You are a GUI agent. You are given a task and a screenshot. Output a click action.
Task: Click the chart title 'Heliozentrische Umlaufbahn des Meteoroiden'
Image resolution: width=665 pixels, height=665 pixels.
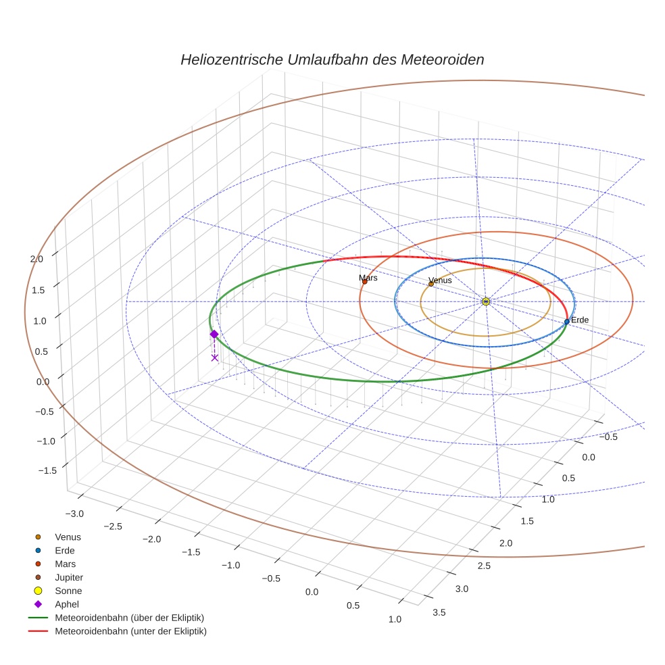point(332,59)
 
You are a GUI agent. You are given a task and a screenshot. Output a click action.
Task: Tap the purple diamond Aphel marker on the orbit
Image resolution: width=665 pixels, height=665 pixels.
point(214,334)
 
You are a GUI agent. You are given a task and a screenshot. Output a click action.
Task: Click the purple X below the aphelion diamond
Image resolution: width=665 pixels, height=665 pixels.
point(215,358)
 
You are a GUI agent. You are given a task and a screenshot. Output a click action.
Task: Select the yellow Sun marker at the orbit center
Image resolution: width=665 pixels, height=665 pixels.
point(486,301)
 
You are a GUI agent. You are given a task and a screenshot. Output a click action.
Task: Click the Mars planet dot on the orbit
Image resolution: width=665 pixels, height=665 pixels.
point(365,281)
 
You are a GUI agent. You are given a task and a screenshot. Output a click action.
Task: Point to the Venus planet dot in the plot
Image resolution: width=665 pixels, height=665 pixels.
point(430,284)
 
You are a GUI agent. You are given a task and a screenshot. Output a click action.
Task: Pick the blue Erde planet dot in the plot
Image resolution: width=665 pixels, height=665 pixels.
point(566,322)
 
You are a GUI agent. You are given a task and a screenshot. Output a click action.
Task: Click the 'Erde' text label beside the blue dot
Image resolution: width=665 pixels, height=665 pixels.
point(580,320)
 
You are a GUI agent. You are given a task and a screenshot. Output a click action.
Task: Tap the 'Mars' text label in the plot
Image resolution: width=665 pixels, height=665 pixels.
point(368,278)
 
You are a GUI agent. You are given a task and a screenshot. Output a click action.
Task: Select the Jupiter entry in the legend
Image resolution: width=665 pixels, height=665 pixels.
point(68,577)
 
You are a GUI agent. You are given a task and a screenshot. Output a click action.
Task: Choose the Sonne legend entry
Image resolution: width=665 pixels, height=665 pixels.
point(68,591)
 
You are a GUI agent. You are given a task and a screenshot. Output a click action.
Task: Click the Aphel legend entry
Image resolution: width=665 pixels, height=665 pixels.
point(67,604)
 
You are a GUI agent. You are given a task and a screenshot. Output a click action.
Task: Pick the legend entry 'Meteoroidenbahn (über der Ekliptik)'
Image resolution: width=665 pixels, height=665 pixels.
point(130,618)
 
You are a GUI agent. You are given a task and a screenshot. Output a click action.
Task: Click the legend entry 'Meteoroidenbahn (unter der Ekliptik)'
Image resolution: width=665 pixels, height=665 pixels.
point(130,631)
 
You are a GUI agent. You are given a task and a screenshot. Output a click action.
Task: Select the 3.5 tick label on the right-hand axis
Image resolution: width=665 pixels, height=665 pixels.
point(438,612)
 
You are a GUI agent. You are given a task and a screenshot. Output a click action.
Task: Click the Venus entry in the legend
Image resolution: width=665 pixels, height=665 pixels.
point(68,537)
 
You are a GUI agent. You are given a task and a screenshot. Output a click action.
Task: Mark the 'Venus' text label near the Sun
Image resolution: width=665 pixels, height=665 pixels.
point(440,280)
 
